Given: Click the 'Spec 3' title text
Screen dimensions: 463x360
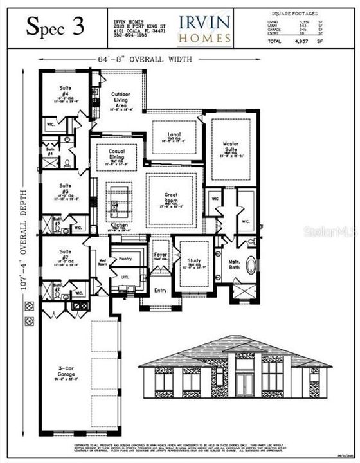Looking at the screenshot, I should (54, 28).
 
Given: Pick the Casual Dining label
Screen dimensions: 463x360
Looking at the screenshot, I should (116, 156).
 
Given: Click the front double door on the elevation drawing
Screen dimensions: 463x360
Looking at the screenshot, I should (244, 383).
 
